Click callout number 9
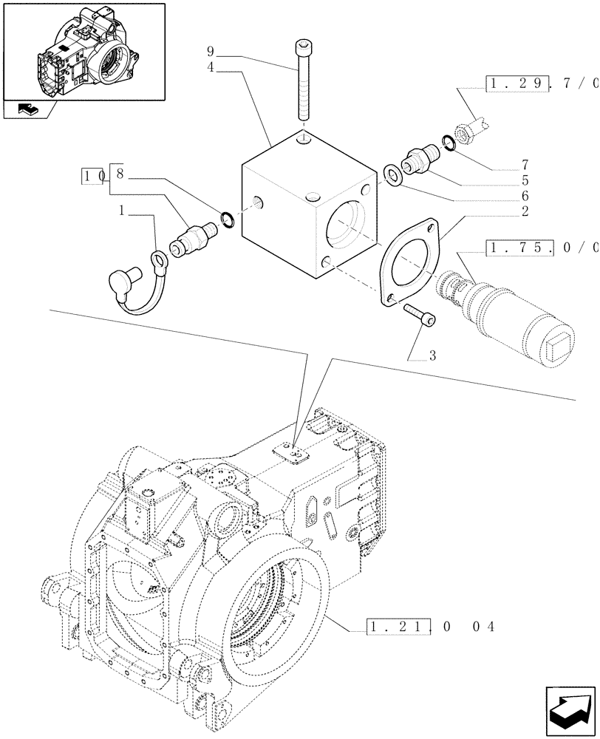click(x=210, y=52)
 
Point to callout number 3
click(x=432, y=355)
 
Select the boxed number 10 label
click(x=95, y=176)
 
